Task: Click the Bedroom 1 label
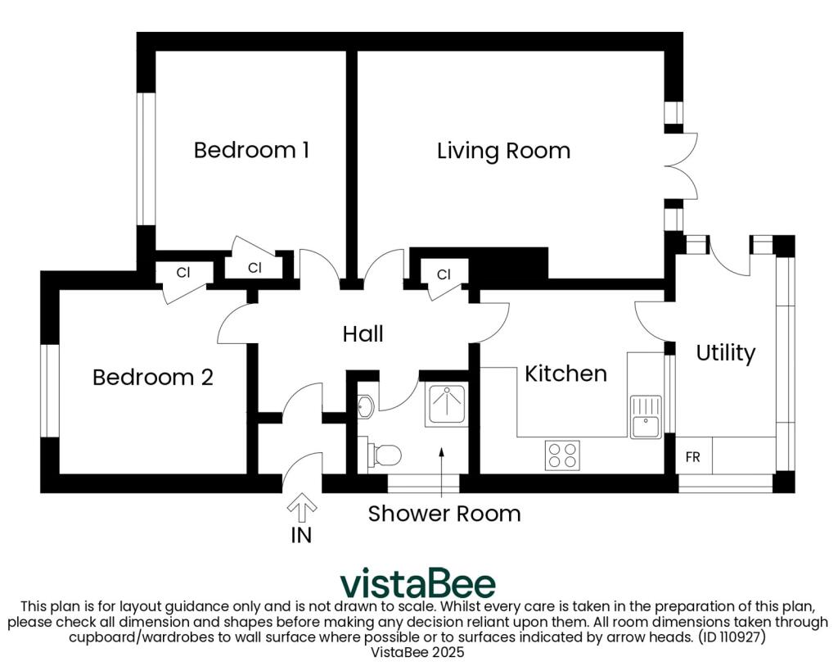[x=251, y=150]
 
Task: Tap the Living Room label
[x=503, y=151]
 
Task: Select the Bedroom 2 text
[x=153, y=377]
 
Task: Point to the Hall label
[x=363, y=333]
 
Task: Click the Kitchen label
[x=566, y=374]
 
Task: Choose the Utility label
[x=725, y=353]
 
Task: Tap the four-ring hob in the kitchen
[x=562, y=455]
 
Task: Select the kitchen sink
[x=646, y=417]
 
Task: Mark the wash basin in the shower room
[x=366, y=405]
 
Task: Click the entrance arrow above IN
[x=302, y=508]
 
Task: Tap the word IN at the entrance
[x=301, y=535]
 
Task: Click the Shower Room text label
[x=444, y=514]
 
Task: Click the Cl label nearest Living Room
[x=444, y=274]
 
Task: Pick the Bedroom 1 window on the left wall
[x=146, y=159]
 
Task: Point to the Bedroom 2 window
[x=50, y=391]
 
